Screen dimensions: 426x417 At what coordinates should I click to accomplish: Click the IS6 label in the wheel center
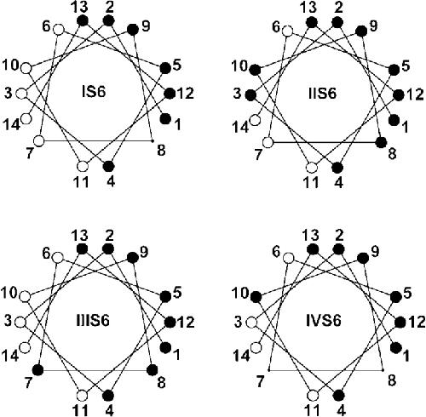pos(94,92)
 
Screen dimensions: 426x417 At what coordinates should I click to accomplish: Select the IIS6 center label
pos(322,93)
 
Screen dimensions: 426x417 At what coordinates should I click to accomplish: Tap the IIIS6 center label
pos(93,321)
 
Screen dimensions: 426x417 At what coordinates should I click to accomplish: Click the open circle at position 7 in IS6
pos(39,140)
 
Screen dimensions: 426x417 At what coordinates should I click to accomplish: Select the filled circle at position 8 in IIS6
pos(381,142)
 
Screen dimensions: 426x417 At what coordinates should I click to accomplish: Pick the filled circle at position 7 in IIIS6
pos(37,370)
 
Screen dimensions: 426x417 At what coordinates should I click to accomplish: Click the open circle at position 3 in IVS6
pos(250,323)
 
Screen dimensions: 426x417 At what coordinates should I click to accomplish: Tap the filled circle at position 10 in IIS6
pos(255,70)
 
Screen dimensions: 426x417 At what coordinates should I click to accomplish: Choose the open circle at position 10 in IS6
pos(26,68)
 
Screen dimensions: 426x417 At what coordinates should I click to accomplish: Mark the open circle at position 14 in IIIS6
pos(25,347)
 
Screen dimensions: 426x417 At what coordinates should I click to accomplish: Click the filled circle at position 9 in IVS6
pos(363,259)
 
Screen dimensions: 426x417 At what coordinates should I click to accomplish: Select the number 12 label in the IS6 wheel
pos(186,94)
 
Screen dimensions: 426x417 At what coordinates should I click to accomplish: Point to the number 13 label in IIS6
pos(309,8)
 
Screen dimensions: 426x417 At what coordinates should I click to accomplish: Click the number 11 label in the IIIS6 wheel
pos(81,410)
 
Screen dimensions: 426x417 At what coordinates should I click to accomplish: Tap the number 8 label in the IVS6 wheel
pos(392,380)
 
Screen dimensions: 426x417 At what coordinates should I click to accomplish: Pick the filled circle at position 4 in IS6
pos(108,166)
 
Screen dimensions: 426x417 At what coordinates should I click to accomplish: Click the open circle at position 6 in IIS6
pos(287,30)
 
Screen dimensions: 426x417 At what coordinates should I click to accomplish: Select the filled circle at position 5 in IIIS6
pos(165,296)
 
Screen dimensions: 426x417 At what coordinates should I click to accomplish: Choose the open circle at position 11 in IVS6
pos(313,396)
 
